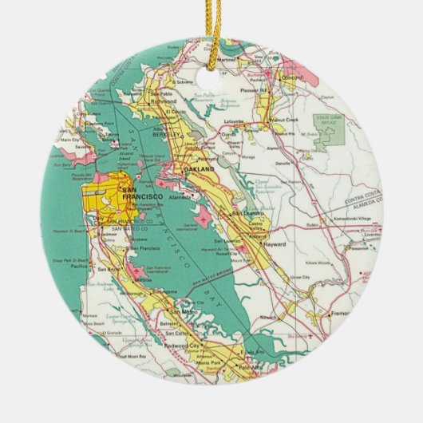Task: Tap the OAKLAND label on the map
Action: click(200, 172)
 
